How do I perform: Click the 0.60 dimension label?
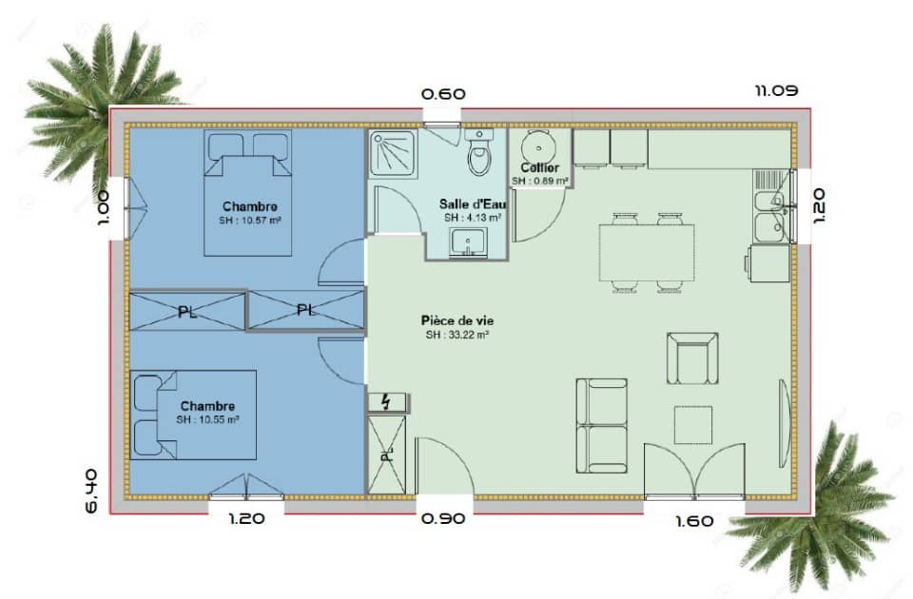(443, 94)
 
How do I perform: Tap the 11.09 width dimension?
(776, 90)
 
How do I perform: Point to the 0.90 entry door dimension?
(443, 519)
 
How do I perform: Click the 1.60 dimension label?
(694, 520)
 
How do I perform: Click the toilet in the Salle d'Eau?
(480, 156)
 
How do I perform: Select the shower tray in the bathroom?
(394, 151)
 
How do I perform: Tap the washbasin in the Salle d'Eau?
(468, 244)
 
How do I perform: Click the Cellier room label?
(539, 168)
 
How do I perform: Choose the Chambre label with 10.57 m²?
(249, 206)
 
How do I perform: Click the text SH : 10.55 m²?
(207, 419)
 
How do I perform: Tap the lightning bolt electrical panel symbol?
(387, 402)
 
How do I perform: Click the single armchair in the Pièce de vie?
(691, 358)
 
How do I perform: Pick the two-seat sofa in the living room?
(601, 425)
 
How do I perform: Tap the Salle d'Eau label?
(473, 203)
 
